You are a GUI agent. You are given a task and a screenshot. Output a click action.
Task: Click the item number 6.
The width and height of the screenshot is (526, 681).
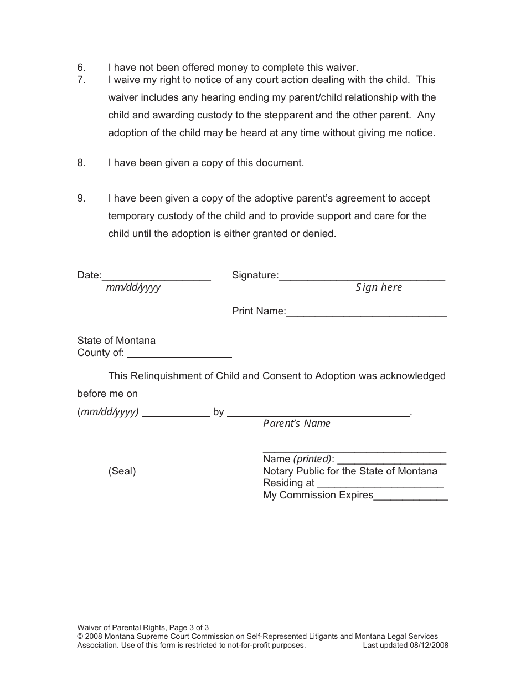81,68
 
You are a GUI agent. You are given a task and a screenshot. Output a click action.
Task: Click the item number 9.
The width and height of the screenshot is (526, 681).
81,198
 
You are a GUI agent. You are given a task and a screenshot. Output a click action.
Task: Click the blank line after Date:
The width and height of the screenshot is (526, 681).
156,277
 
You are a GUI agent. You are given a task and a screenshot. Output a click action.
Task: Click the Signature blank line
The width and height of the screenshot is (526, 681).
362,277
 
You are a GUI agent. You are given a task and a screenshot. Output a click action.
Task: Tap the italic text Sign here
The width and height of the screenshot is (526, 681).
379,287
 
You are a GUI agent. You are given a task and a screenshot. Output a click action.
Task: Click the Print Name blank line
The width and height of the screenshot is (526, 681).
366,313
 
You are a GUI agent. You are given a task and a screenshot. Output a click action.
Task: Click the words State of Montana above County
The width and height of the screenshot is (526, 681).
116,341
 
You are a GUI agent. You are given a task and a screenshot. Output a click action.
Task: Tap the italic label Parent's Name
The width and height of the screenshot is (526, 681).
297,424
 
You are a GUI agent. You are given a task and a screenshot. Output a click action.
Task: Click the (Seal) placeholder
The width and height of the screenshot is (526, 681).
122,471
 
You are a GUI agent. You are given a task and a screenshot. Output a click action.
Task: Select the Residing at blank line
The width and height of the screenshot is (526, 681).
380,484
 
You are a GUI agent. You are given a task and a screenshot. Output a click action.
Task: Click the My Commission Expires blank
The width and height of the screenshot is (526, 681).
411,497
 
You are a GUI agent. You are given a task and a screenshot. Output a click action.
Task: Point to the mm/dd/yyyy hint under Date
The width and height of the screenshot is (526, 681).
133,288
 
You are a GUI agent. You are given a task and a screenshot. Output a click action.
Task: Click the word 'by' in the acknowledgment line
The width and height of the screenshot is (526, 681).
218,412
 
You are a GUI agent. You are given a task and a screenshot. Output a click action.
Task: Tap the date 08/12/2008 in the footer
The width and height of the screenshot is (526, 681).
429,645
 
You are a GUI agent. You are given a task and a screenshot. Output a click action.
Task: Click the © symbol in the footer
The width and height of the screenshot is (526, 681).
80,637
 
